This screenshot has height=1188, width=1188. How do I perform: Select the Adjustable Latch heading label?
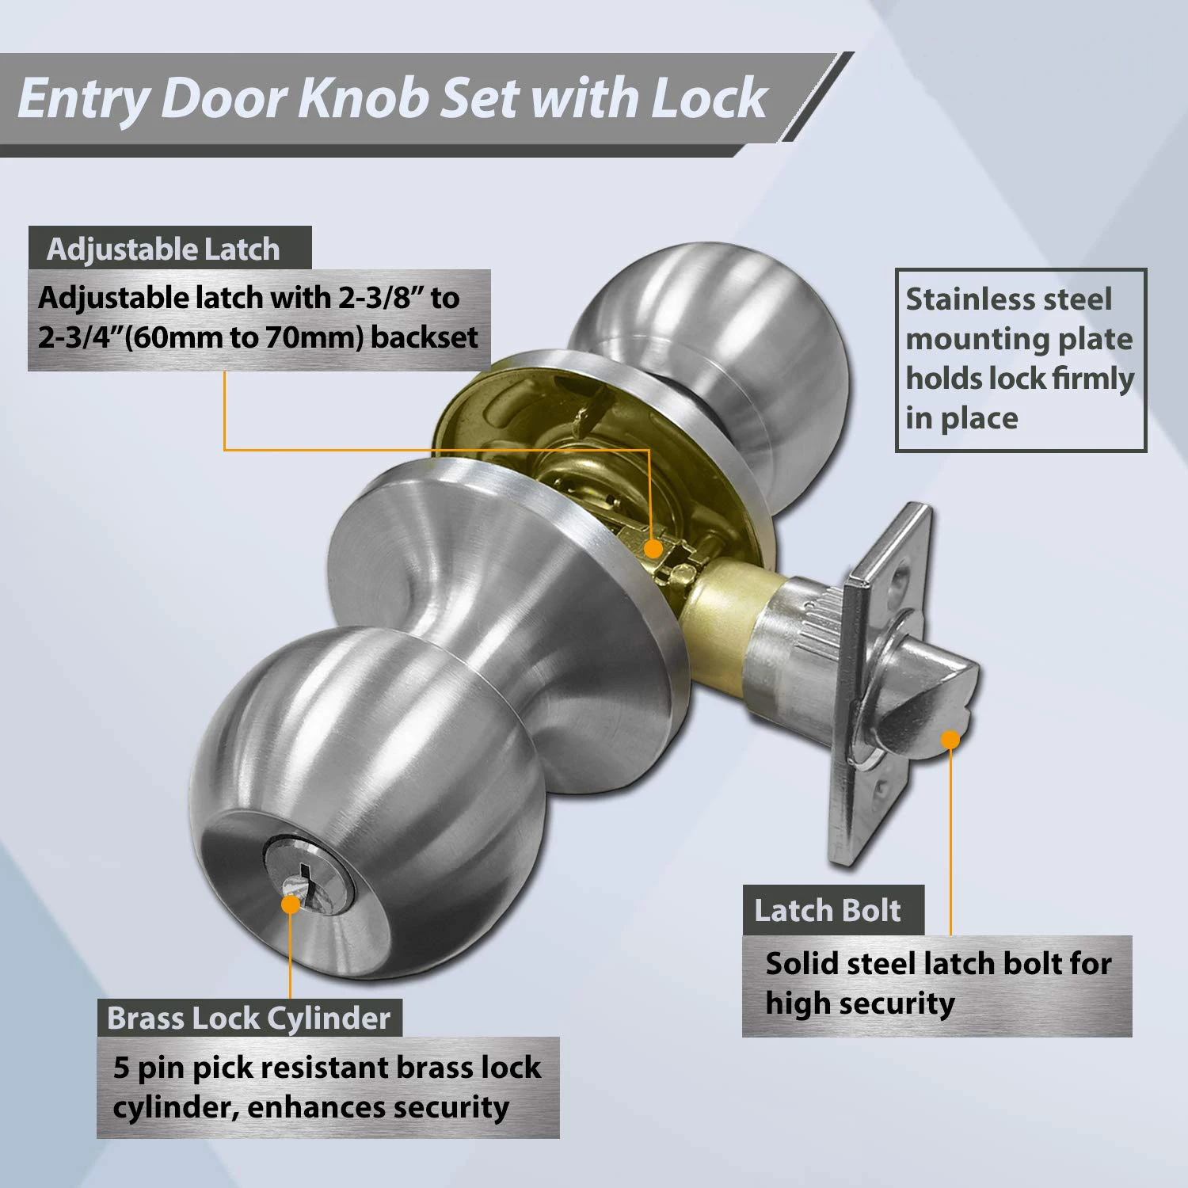coord(163,249)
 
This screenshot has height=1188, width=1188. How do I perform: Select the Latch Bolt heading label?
coord(827,911)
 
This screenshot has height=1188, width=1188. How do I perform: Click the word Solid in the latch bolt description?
coord(801,964)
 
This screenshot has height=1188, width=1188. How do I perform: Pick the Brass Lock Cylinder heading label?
coord(249,1019)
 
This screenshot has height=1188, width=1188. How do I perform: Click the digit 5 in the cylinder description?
coord(121,1068)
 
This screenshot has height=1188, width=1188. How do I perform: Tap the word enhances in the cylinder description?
coord(302,1107)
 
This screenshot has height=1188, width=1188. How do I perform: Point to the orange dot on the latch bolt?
coord(950,740)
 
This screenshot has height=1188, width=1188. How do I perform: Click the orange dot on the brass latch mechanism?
coord(653,548)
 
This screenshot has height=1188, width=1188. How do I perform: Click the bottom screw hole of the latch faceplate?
coord(878,789)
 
